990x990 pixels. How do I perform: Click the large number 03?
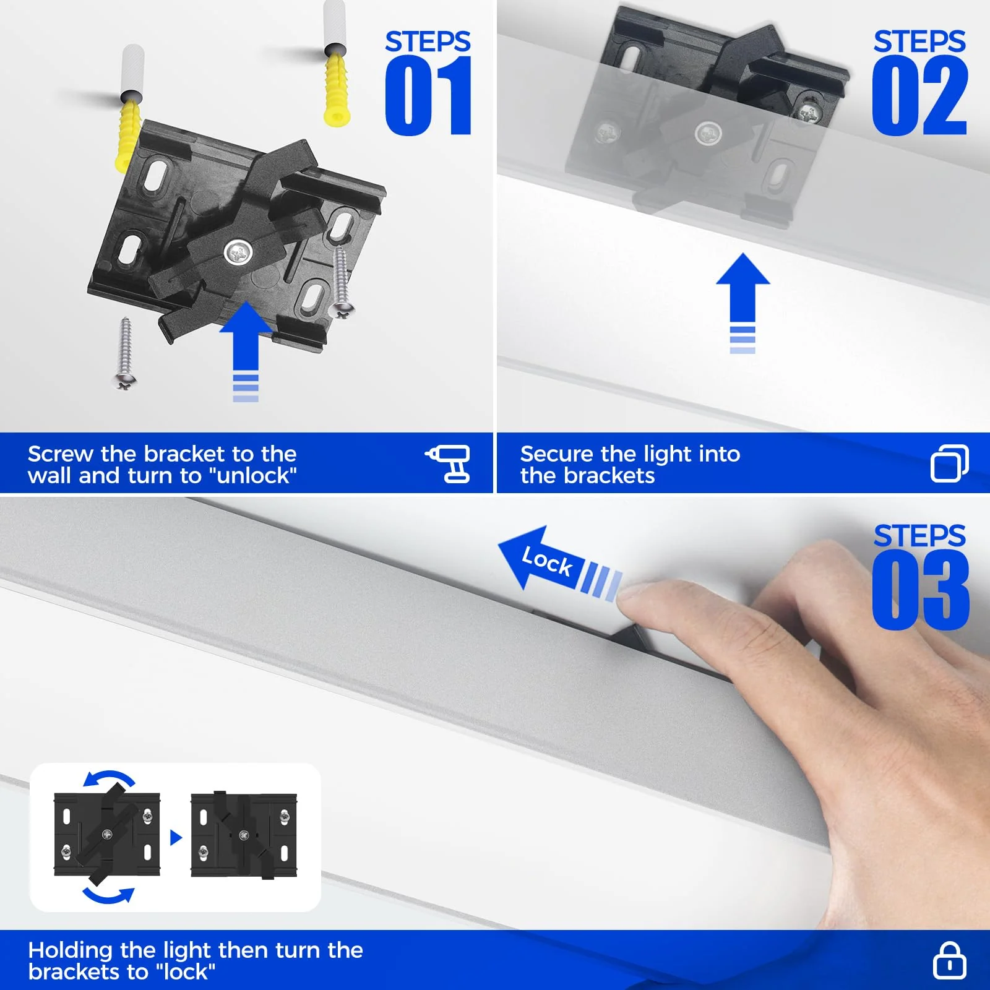click(x=919, y=590)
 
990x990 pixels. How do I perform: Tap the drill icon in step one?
click(x=449, y=463)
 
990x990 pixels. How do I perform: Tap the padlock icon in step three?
click(x=949, y=960)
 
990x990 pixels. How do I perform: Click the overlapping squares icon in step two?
click(x=949, y=463)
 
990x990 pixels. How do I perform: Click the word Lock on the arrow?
click(x=547, y=561)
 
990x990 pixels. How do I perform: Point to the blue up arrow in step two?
click(x=742, y=291)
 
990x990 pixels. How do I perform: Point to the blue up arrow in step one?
click(x=246, y=340)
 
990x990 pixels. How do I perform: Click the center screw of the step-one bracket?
click(x=238, y=252)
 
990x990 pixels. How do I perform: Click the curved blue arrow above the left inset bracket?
click(x=109, y=777)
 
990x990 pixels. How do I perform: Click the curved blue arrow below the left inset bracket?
click(x=109, y=895)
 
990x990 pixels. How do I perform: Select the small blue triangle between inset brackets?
click(x=176, y=838)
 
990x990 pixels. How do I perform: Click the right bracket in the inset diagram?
click(x=244, y=835)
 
